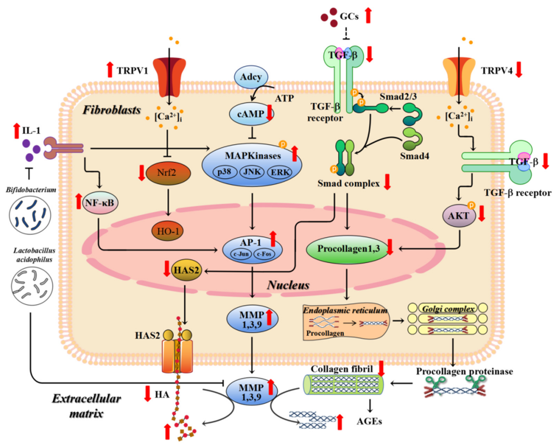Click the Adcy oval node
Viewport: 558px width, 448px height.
pyautogui.click(x=251, y=77)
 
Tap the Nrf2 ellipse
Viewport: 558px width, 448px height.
pyautogui.click(x=168, y=173)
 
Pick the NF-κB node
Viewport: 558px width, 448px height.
pyautogui.click(x=100, y=203)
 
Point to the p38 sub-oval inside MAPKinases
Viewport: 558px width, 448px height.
pyautogui.click(x=224, y=172)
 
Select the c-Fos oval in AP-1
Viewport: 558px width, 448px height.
pyautogui.click(x=264, y=254)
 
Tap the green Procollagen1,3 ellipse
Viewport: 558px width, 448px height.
pyautogui.click(x=348, y=249)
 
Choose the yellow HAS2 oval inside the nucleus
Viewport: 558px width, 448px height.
pyautogui.click(x=186, y=271)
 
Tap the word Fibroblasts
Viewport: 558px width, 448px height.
pyautogui.click(x=112, y=110)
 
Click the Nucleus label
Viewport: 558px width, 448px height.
pyautogui.click(x=288, y=285)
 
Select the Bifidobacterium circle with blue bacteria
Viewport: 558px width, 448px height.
pyautogui.click(x=30, y=215)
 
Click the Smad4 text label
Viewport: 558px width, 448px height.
pyautogui.click(x=414, y=156)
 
